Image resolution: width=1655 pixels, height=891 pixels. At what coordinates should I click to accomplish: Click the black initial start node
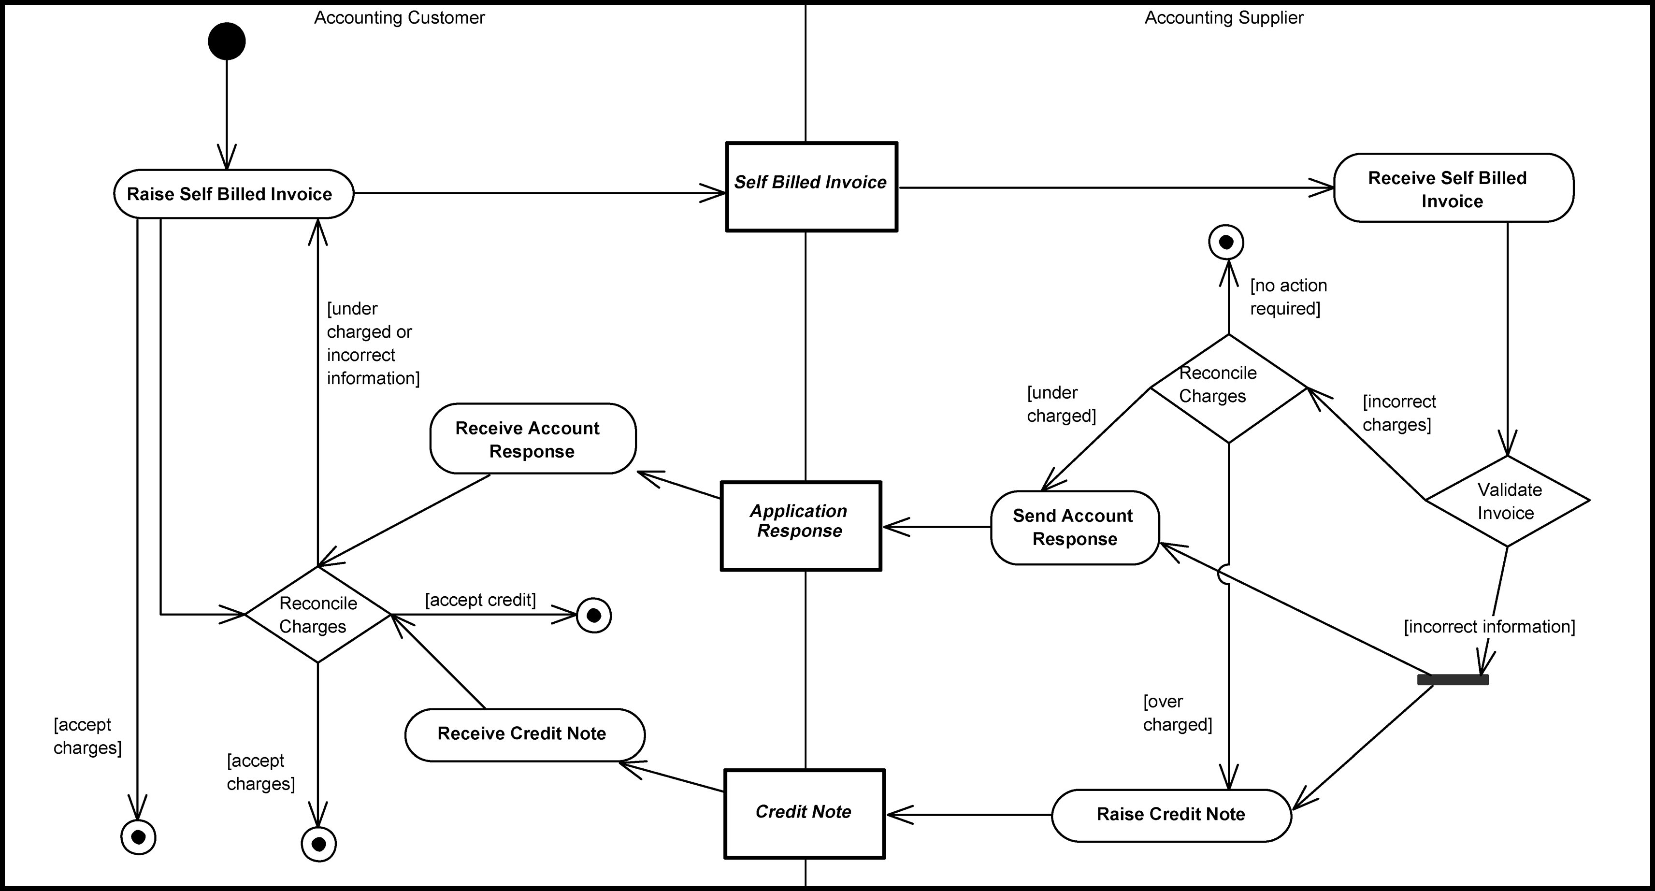[x=227, y=41]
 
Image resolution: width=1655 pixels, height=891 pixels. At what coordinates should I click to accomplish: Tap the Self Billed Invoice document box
[x=811, y=187]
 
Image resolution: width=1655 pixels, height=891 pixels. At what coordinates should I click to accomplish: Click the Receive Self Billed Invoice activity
[x=1454, y=188]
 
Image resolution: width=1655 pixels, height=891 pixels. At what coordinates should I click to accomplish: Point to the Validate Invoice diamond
[x=1507, y=501]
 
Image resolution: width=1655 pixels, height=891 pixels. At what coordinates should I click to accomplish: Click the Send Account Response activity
[x=1075, y=528]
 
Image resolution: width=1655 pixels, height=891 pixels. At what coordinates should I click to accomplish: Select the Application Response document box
[x=801, y=526]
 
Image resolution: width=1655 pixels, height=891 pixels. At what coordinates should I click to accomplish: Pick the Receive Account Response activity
[x=532, y=439]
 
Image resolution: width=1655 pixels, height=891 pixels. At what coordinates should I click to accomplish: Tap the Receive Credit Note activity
[x=524, y=734]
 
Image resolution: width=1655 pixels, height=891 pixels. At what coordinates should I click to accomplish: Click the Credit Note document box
[x=805, y=813]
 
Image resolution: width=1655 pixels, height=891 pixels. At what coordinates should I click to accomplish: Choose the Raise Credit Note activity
[x=1171, y=815]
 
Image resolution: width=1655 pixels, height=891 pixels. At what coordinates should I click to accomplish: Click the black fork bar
[x=1453, y=680]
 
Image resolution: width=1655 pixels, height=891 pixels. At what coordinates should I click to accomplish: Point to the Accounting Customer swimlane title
[x=399, y=18]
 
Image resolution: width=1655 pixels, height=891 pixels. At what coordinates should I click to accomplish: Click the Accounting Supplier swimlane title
[x=1223, y=18]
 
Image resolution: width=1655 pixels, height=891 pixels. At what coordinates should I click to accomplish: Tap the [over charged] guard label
[x=1177, y=713]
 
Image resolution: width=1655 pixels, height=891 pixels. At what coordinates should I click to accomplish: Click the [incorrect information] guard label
[x=1489, y=626]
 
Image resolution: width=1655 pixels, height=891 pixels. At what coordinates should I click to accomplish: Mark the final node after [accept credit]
[x=594, y=616]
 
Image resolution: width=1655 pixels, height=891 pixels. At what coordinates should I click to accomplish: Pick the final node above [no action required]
[x=1226, y=242]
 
